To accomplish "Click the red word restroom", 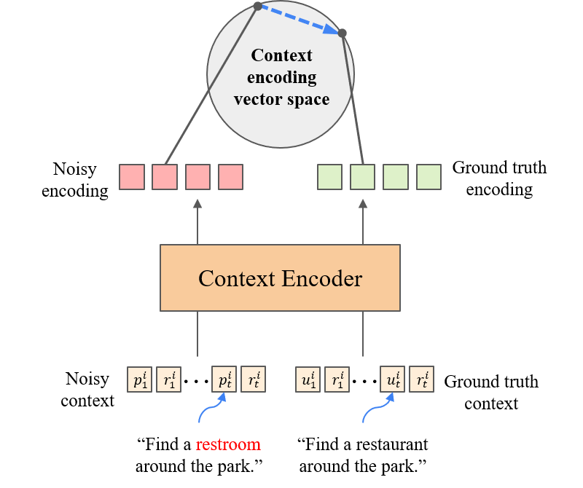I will click(228, 444).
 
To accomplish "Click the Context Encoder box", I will click(280, 278).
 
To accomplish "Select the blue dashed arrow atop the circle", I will click(300, 20).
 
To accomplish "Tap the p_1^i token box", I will click(139, 379).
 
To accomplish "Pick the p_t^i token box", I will click(224, 379).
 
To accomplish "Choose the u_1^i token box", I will click(308, 379).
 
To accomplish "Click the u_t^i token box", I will click(393, 379).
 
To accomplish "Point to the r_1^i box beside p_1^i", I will click(168, 379).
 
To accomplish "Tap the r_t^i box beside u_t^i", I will click(421, 379).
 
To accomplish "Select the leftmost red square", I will click(132, 177).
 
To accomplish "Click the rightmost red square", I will click(230, 177).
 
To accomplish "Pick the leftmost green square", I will click(329, 177).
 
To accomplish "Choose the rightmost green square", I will click(429, 177).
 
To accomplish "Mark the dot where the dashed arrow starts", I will click(257, 7).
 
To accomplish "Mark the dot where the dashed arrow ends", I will click(343, 33).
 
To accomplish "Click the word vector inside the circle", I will click(254, 99).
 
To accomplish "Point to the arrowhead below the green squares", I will click(363, 204).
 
